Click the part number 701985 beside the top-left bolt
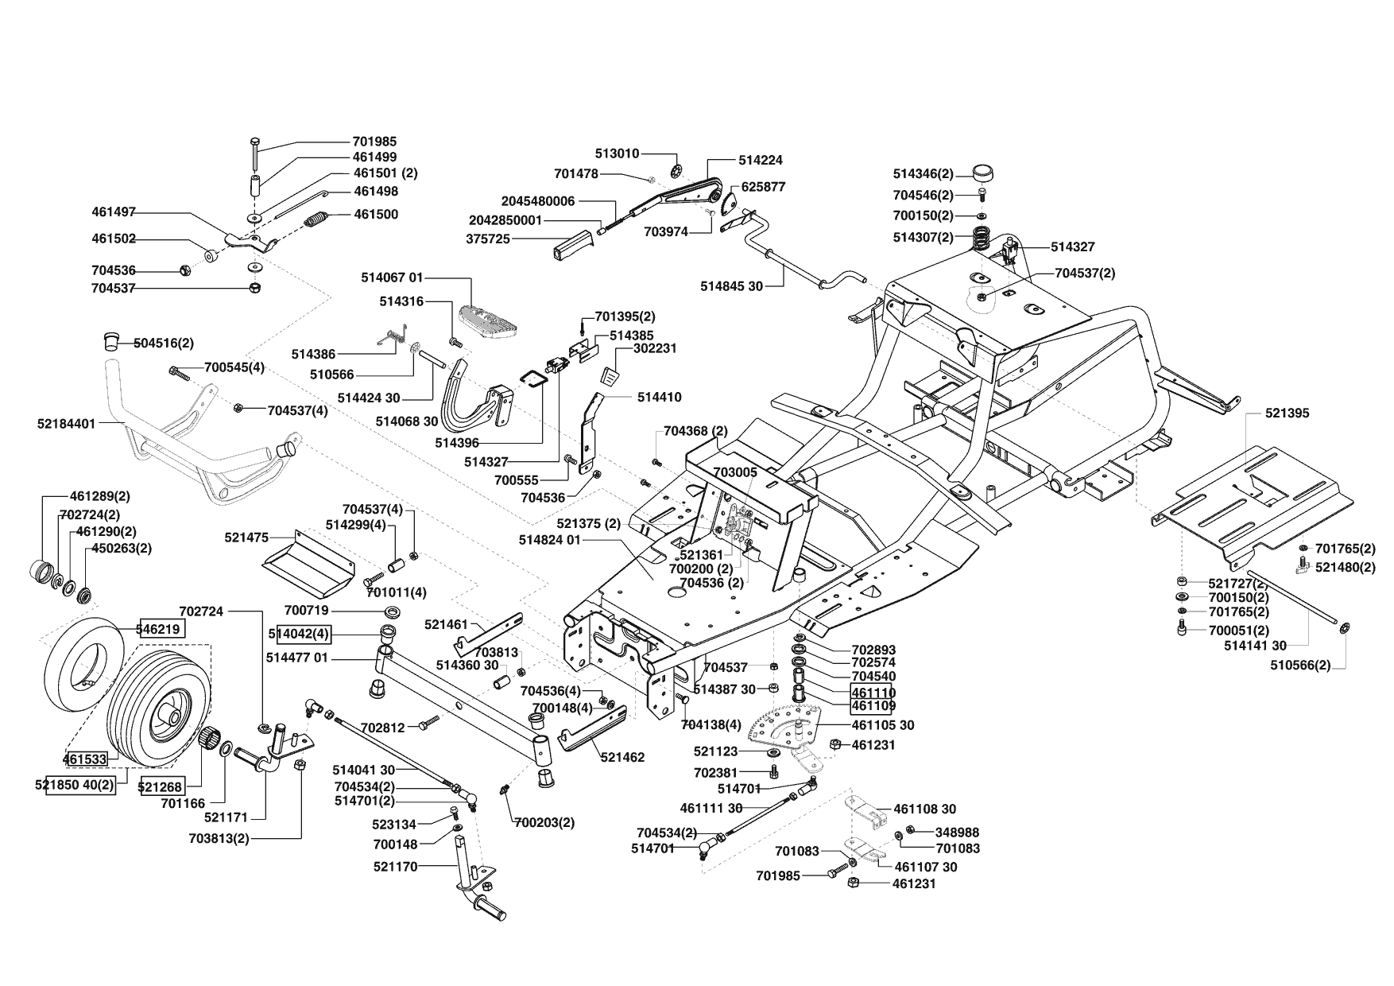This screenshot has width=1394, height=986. [374, 142]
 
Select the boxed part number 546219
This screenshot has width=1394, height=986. [161, 629]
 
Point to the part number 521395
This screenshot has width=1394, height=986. [1288, 413]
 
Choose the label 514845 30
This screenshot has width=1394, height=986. [731, 285]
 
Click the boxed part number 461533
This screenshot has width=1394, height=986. [85, 759]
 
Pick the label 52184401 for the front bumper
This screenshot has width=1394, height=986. [66, 424]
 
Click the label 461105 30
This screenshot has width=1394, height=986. [883, 725]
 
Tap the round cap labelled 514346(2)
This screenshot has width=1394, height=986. [983, 173]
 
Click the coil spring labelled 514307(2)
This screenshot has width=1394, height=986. [982, 238]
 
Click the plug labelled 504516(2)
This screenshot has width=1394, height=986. [110, 341]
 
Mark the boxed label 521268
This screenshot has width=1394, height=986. [161, 786]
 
